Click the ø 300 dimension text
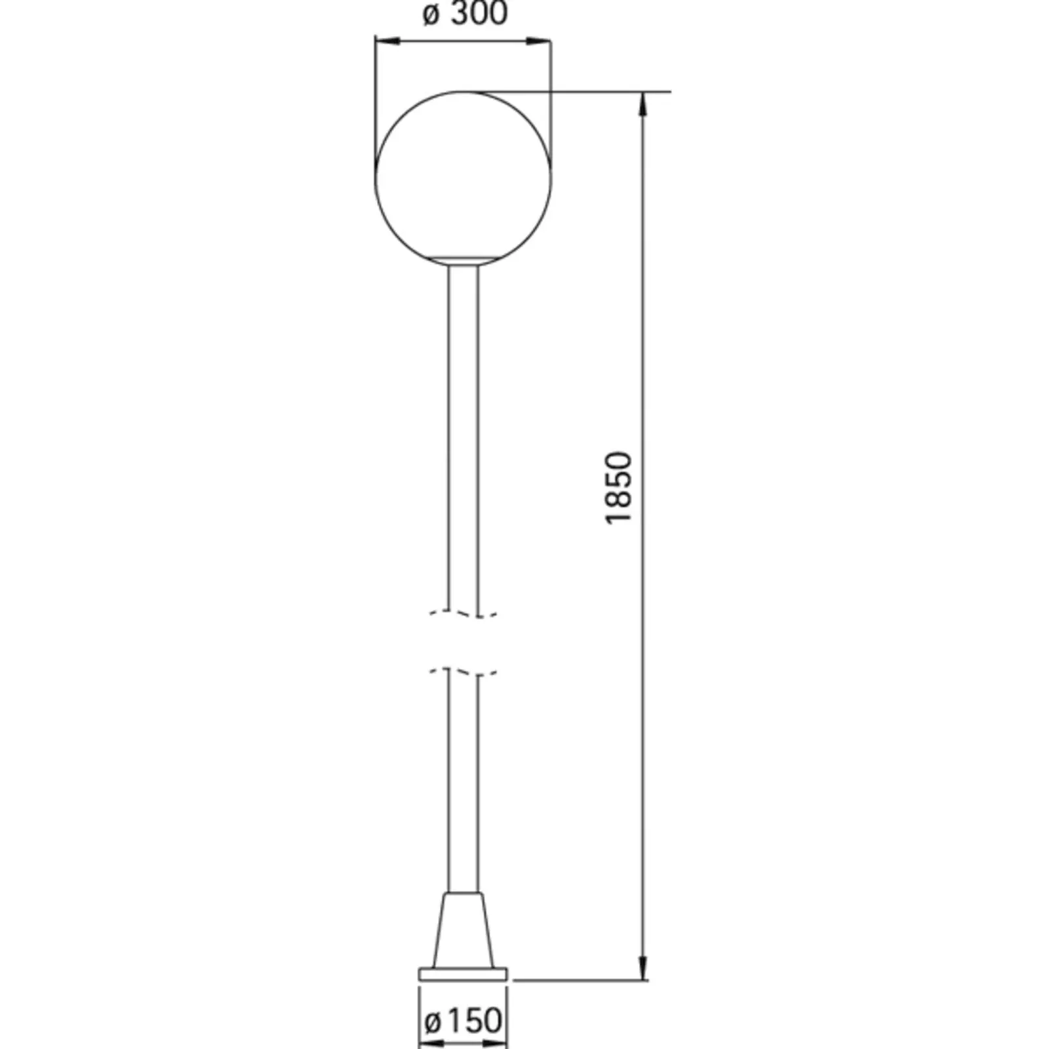(465, 14)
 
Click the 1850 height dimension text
(618, 487)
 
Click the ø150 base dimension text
(464, 1021)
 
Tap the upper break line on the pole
(464, 614)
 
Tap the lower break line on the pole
(464, 672)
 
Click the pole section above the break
(464, 433)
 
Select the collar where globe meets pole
(463, 262)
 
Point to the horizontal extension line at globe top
(610, 92)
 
